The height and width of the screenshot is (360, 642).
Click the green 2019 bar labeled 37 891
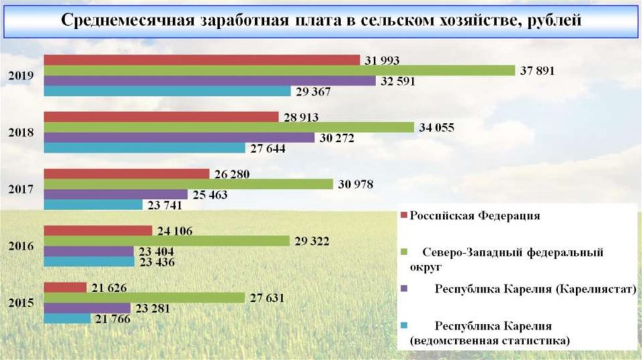pos(279,70)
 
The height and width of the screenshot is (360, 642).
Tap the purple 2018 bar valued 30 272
pos(179,137)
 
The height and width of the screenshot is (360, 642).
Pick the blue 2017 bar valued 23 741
pos(93,204)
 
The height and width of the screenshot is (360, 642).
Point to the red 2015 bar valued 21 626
pos(65,288)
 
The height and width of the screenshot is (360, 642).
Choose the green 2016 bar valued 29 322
pos(166,241)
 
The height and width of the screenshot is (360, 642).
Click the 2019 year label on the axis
pos(21,76)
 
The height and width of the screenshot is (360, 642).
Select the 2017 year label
pos(21,189)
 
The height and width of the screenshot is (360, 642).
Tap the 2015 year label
pos(21,303)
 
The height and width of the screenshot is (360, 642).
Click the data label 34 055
pos(435,128)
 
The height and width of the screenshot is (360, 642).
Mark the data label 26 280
pos(229,174)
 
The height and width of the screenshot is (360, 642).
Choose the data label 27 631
pos(265,299)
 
